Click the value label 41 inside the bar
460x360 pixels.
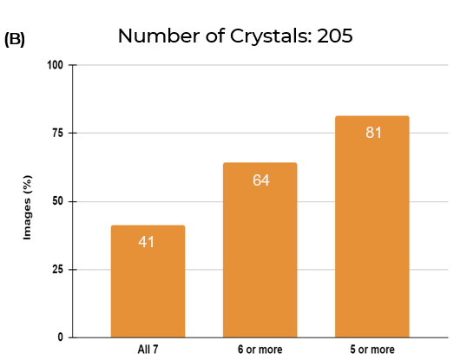pyautogui.click(x=147, y=241)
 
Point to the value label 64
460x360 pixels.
pyautogui.click(x=260, y=180)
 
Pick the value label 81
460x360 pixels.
pyautogui.click(x=372, y=133)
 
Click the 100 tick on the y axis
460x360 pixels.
pyautogui.click(x=56, y=65)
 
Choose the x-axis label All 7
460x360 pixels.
pyautogui.click(x=148, y=350)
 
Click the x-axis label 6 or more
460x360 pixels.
pyautogui.click(x=260, y=350)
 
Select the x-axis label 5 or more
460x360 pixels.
pyautogui.click(x=371, y=350)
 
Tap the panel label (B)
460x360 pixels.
pyautogui.click(x=15, y=40)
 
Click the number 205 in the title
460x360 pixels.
pyautogui.click(x=334, y=36)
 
